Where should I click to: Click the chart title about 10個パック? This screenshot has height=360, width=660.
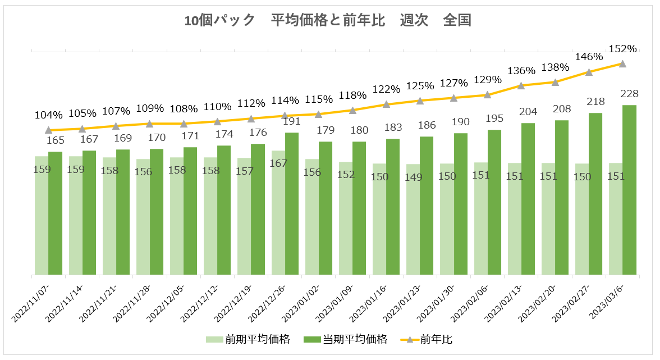tap(328, 21)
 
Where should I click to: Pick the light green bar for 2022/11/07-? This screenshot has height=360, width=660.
tap(42, 216)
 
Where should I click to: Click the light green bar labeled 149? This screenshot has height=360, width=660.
tap(413, 220)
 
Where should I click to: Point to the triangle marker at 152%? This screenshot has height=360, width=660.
tap(622, 64)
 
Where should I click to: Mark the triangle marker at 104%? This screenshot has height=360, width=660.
tap(49, 130)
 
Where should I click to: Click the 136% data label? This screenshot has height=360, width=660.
tap(521, 71)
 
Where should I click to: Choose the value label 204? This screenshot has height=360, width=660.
tap(528, 111)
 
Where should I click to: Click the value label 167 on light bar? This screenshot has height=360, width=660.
tap(278, 163)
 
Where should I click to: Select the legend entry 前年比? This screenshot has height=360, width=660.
tap(436, 339)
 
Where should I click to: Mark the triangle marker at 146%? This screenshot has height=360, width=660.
tap(589, 72)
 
